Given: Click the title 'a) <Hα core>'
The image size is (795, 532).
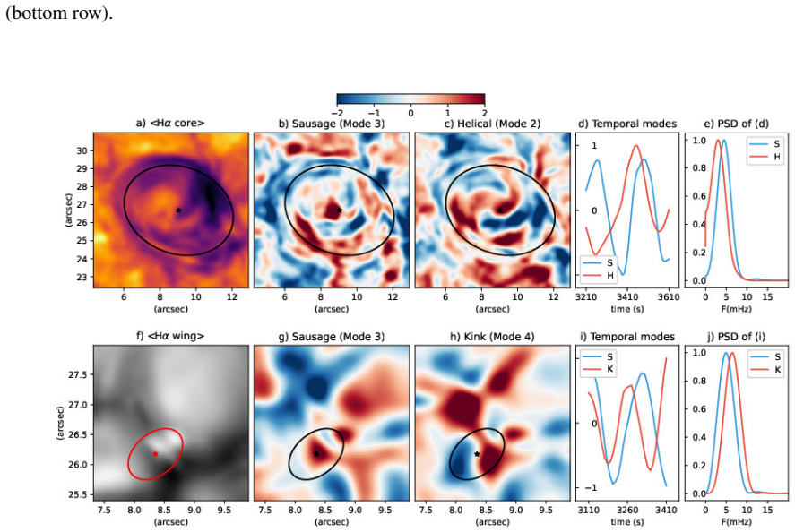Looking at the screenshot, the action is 170,123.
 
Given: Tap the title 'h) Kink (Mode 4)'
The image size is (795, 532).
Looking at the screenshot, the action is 492,337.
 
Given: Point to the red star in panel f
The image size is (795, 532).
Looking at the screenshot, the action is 155,454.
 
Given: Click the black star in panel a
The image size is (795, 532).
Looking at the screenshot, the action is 178,210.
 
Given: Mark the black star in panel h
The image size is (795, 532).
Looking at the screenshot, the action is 477,454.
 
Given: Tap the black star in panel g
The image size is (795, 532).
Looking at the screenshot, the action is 315,454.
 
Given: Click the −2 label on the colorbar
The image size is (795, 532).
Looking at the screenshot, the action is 337,113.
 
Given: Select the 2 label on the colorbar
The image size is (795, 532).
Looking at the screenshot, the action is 485,113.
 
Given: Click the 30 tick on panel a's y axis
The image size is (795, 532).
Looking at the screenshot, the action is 82,150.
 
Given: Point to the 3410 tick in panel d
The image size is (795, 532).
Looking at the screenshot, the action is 627,297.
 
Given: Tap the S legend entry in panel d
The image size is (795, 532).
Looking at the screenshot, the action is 598,263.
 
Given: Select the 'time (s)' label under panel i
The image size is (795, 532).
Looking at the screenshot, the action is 627,521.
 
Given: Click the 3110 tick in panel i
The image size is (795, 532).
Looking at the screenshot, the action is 588,510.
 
